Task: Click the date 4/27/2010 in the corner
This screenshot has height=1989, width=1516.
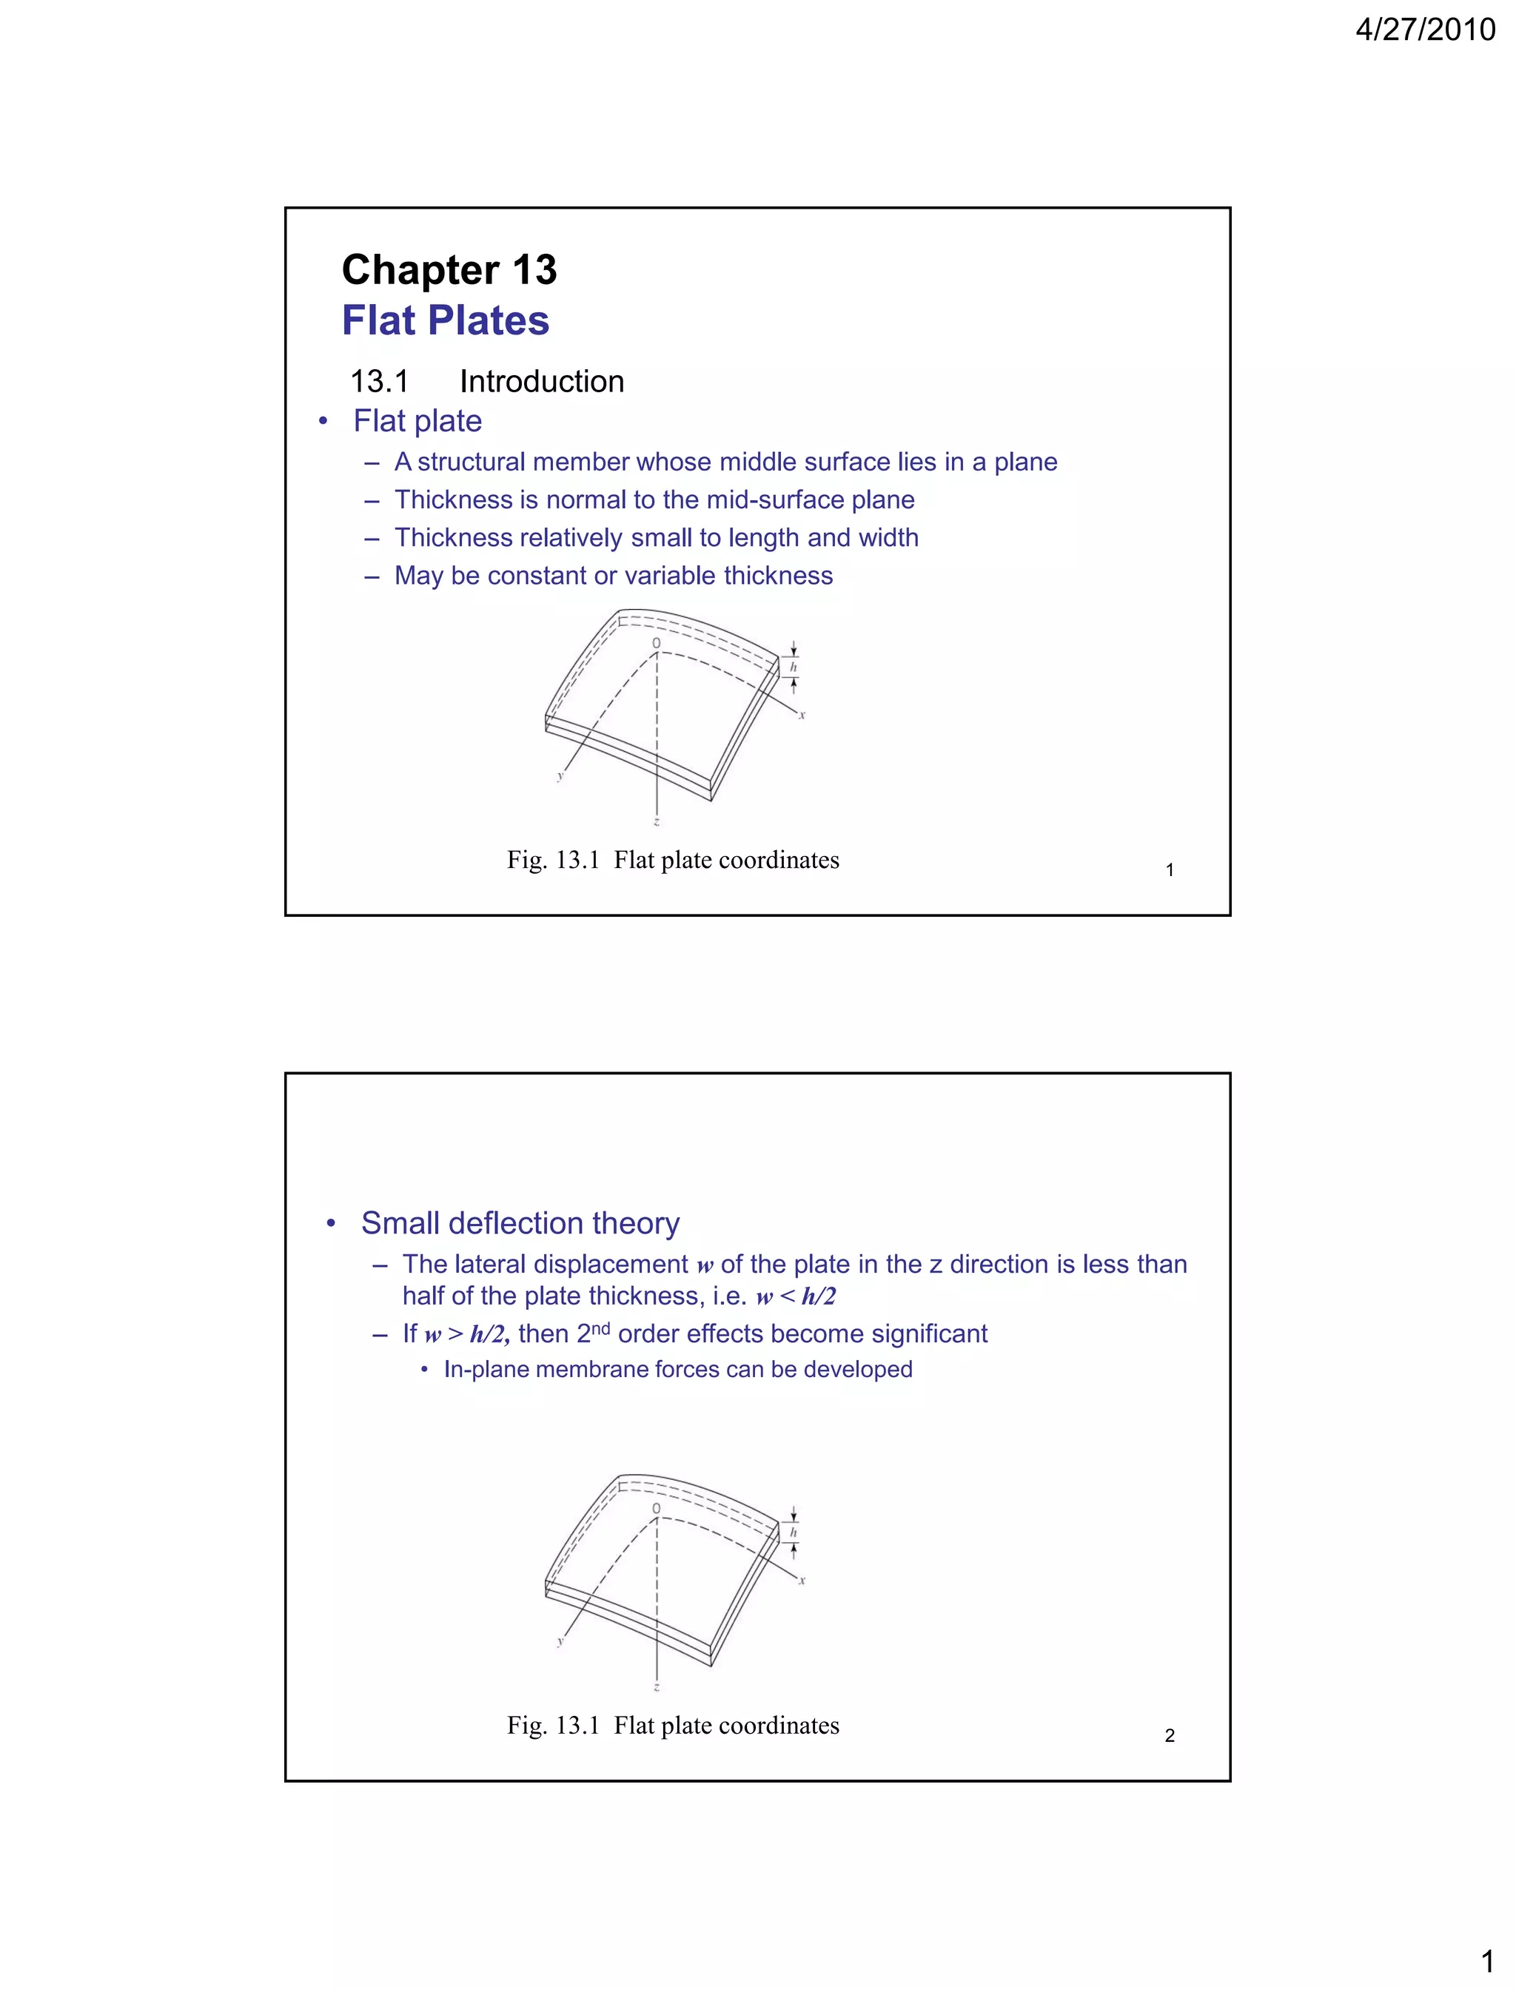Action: (1424, 30)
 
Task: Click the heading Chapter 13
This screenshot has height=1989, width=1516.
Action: (449, 269)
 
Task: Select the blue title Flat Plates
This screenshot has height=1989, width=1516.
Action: (445, 320)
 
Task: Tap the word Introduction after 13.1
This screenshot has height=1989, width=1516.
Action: (541, 382)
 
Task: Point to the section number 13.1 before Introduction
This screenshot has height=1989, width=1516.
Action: (379, 382)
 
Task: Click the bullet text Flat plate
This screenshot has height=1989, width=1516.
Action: (417, 421)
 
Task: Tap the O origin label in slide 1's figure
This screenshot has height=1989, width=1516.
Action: (656, 643)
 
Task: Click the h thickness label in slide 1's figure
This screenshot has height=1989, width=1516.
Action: (794, 667)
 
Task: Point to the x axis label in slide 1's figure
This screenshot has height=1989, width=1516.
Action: (802, 716)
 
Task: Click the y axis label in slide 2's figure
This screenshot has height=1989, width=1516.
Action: (560, 1640)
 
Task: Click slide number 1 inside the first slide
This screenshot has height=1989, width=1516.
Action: (1170, 870)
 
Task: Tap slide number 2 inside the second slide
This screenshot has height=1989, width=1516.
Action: (1170, 1735)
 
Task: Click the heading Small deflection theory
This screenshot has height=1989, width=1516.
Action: (520, 1223)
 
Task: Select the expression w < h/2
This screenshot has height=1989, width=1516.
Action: (795, 1297)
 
